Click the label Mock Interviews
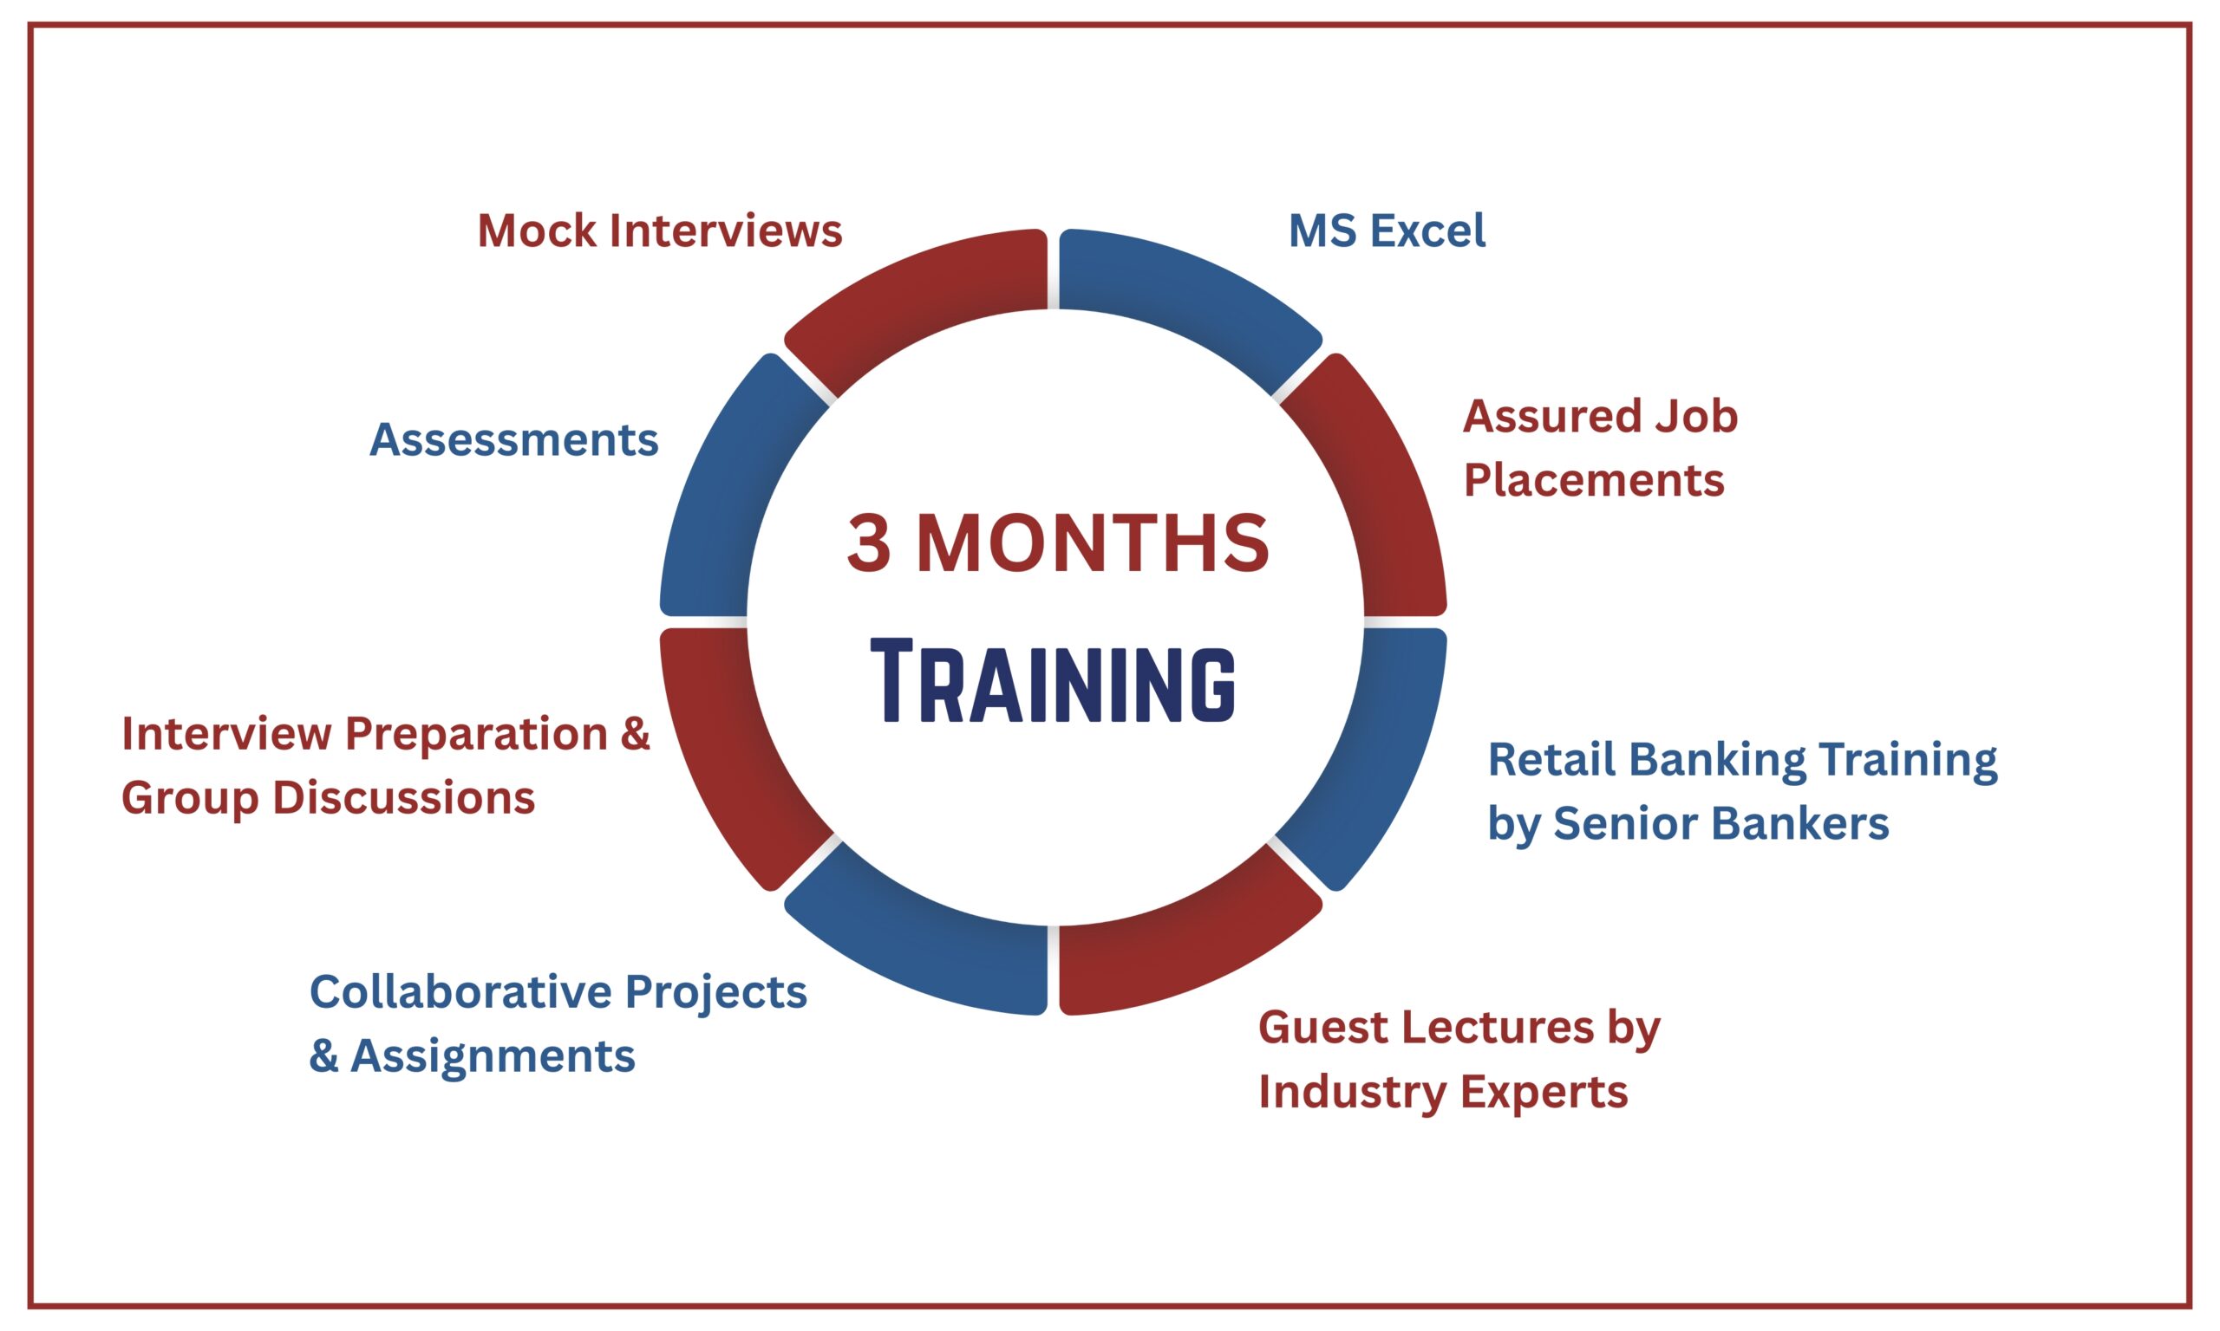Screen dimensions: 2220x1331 [x=660, y=230]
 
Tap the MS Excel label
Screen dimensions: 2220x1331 [x=1387, y=230]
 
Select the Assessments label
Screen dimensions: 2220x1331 [x=514, y=439]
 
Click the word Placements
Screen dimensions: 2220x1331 [x=1594, y=480]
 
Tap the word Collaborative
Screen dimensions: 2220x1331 [x=461, y=992]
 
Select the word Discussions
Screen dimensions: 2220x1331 [x=404, y=797]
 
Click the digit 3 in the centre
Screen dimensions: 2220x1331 [x=869, y=542]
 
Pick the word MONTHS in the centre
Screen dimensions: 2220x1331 [x=1093, y=542]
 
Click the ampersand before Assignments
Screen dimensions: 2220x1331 [x=324, y=1056]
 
